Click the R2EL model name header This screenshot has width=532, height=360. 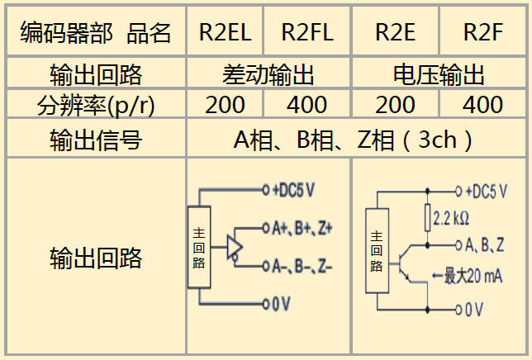tap(226, 32)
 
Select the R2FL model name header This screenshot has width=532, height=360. tap(307, 32)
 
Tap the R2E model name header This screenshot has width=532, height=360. tap(395, 32)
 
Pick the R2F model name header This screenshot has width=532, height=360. tap(483, 32)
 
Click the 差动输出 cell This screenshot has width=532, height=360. tap(268, 76)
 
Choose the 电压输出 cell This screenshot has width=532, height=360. tap(439, 76)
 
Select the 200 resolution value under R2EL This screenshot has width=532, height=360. tap(225, 105)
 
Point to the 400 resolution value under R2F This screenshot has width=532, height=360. tap(483, 105)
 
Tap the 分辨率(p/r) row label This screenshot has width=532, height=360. tap(96, 105)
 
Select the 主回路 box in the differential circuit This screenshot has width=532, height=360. tap(199, 247)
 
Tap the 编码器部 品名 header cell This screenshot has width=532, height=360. tap(96, 32)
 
